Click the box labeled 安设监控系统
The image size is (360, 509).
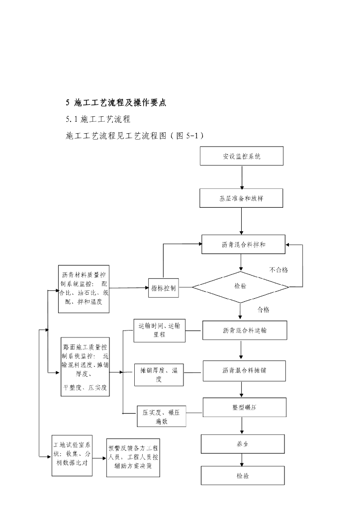coord(242,156)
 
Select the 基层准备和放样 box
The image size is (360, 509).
coord(242,198)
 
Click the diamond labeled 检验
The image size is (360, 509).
coord(240,287)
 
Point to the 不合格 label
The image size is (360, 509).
coord(279,270)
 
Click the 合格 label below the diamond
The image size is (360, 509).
coord(263,310)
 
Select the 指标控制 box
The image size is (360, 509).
coord(164,288)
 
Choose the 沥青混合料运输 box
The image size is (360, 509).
coord(244,330)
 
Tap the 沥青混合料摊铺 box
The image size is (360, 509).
coord(244,371)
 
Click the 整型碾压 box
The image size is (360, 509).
coord(244,408)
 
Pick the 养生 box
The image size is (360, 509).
coord(243,444)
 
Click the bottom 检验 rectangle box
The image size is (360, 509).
coord(243,476)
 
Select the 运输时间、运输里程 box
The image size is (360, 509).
coord(160,331)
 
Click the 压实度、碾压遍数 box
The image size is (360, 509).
coord(162,417)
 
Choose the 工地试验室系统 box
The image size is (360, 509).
coord(72,455)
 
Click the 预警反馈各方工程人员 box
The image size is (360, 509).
coord(133,458)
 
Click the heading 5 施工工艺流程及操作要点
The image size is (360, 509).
coord(115,103)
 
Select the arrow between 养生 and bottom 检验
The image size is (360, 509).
coord(242,460)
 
